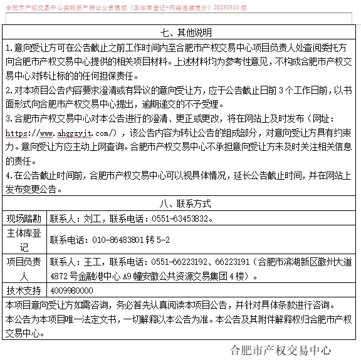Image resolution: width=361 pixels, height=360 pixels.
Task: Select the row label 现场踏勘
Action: tap(24, 219)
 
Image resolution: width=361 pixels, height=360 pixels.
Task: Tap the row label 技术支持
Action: tap(24, 291)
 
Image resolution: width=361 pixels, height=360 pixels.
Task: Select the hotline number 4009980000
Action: tap(71, 291)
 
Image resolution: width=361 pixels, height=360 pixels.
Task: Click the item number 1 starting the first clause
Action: tap(8, 48)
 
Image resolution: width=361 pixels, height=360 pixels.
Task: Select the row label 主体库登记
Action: tap(24, 240)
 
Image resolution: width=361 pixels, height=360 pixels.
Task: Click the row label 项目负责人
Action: tap(24, 268)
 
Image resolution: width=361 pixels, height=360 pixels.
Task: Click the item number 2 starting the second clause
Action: tap(8, 91)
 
